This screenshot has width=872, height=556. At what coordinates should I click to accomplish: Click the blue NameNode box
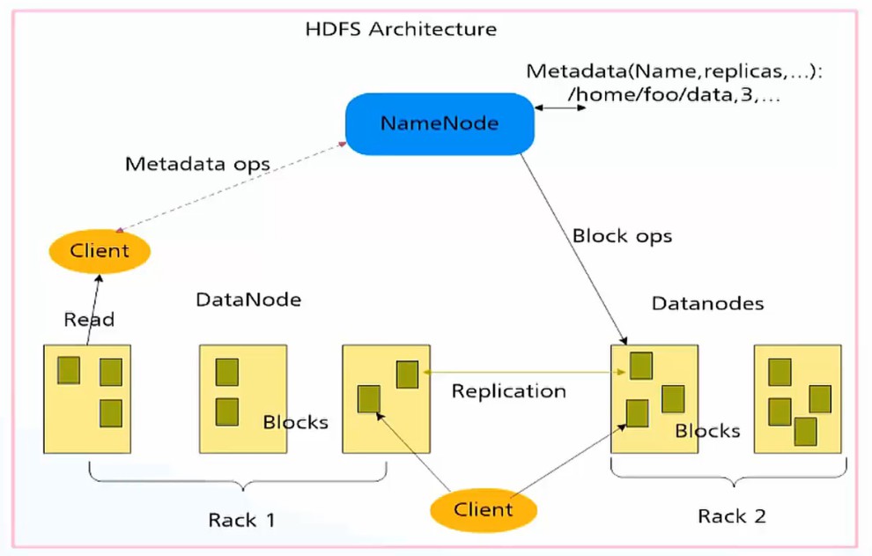click(439, 122)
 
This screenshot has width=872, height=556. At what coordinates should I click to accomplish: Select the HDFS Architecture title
click(400, 29)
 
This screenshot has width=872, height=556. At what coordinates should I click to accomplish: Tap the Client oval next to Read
click(100, 251)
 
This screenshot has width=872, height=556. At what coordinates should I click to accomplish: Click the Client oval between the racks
click(483, 509)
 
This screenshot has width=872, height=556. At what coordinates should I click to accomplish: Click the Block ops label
click(622, 236)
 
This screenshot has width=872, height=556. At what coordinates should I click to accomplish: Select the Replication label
click(508, 391)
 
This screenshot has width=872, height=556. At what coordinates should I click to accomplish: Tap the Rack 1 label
click(241, 520)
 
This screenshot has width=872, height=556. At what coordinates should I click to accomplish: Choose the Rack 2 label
click(731, 515)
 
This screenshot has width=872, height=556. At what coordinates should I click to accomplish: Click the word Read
click(89, 320)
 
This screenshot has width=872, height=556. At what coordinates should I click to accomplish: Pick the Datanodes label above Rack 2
click(707, 304)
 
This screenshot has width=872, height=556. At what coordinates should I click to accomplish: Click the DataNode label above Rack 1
click(248, 300)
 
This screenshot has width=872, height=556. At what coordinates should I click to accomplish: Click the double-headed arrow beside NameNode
click(561, 109)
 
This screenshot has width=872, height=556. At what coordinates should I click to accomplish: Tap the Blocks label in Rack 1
click(295, 422)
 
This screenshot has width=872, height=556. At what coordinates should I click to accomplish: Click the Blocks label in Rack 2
click(707, 431)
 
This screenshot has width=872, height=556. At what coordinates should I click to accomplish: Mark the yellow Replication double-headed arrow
click(524, 373)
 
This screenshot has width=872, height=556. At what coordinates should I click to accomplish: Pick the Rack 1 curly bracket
click(239, 481)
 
